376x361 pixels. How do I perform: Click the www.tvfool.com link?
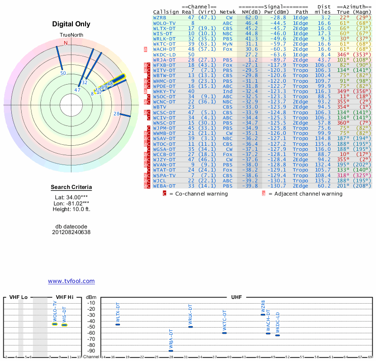pos(71,281)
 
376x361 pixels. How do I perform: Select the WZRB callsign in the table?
pos(159,17)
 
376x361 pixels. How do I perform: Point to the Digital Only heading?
pos(71,24)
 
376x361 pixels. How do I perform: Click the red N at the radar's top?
pos(66,43)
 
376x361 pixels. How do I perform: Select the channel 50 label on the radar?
pos(63,73)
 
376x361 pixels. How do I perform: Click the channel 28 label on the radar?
pos(117,113)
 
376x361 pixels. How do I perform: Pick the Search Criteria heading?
pos(71,188)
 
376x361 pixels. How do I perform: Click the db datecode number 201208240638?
pos(71,232)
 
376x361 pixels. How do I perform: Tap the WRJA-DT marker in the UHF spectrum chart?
pos(171,351)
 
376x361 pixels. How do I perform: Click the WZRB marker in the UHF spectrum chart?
pos(263,314)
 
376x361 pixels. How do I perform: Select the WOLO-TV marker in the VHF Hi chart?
pos(55,324)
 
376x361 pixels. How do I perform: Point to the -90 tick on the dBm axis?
pos(91,351)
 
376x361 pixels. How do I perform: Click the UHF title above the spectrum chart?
pos(236,298)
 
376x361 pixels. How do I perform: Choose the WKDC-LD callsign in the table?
pos(164,55)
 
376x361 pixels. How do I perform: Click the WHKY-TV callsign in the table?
pos(164,91)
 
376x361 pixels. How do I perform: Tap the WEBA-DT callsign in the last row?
pos(164,186)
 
